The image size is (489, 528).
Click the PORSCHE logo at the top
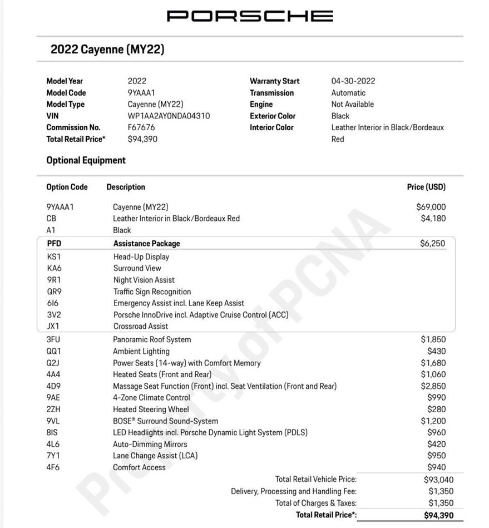tap(250, 16)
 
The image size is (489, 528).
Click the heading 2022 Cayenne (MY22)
tap(107, 50)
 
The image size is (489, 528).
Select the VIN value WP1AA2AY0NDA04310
tap(169, 116)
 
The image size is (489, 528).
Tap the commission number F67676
tap(141, 127)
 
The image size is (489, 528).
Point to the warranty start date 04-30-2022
tap(353, 81)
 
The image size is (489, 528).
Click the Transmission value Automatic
tap(348, 93)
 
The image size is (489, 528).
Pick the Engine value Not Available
tap(352, 104)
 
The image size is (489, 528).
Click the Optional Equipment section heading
tap(86, 160)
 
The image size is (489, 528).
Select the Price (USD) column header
tap(426, 187)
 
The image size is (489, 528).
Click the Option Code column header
tap(67, 187)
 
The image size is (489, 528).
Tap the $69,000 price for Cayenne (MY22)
tap(431, 207)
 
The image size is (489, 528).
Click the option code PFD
tap(55, 243)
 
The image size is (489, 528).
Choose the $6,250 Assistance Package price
tap(432, 243)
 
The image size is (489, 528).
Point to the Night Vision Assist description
tap(144, 280)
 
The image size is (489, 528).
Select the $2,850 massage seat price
tap(433, 386)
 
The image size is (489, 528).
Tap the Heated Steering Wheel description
tap(151, 409)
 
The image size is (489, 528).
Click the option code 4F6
tap(53, 467)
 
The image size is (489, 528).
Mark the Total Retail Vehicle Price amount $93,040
tap(438, 480)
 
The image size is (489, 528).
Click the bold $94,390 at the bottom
tap(438, 515)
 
